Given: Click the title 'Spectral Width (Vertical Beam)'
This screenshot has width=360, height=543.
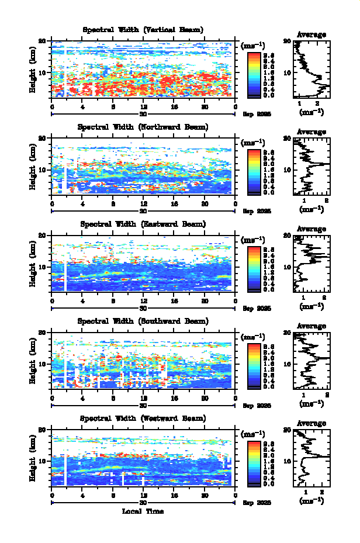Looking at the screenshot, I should tap(143, 30).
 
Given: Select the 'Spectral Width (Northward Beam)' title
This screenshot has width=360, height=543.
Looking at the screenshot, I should tap(143, 127).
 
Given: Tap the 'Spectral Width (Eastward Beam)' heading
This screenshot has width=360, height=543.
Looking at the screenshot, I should tap(143, 224).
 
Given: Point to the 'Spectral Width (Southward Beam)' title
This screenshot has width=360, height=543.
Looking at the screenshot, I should tap(143, 321).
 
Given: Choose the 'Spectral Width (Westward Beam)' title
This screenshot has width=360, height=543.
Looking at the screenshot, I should tap(143, 419).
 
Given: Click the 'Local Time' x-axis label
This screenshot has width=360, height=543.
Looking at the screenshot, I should tap(143, 511).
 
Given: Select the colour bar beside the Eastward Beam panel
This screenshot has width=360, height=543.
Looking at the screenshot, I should tap(254, 268).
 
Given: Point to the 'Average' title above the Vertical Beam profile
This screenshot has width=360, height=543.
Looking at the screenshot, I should tap(311, 35).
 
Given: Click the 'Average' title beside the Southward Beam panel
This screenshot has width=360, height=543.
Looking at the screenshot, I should tap(311, 326).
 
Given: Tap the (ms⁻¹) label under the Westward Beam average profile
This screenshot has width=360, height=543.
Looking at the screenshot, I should tap(311, 501).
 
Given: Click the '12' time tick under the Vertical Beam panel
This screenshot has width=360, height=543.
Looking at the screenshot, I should tap(143, 107).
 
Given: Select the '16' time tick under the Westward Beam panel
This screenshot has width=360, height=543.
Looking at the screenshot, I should tap(174, 496).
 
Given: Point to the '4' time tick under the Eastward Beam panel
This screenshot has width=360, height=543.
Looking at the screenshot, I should tap(82, 301).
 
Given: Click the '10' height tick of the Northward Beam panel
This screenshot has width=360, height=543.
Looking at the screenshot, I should tap(43, 170).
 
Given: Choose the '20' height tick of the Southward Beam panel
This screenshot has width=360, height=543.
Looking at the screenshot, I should tap(43, 332).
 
